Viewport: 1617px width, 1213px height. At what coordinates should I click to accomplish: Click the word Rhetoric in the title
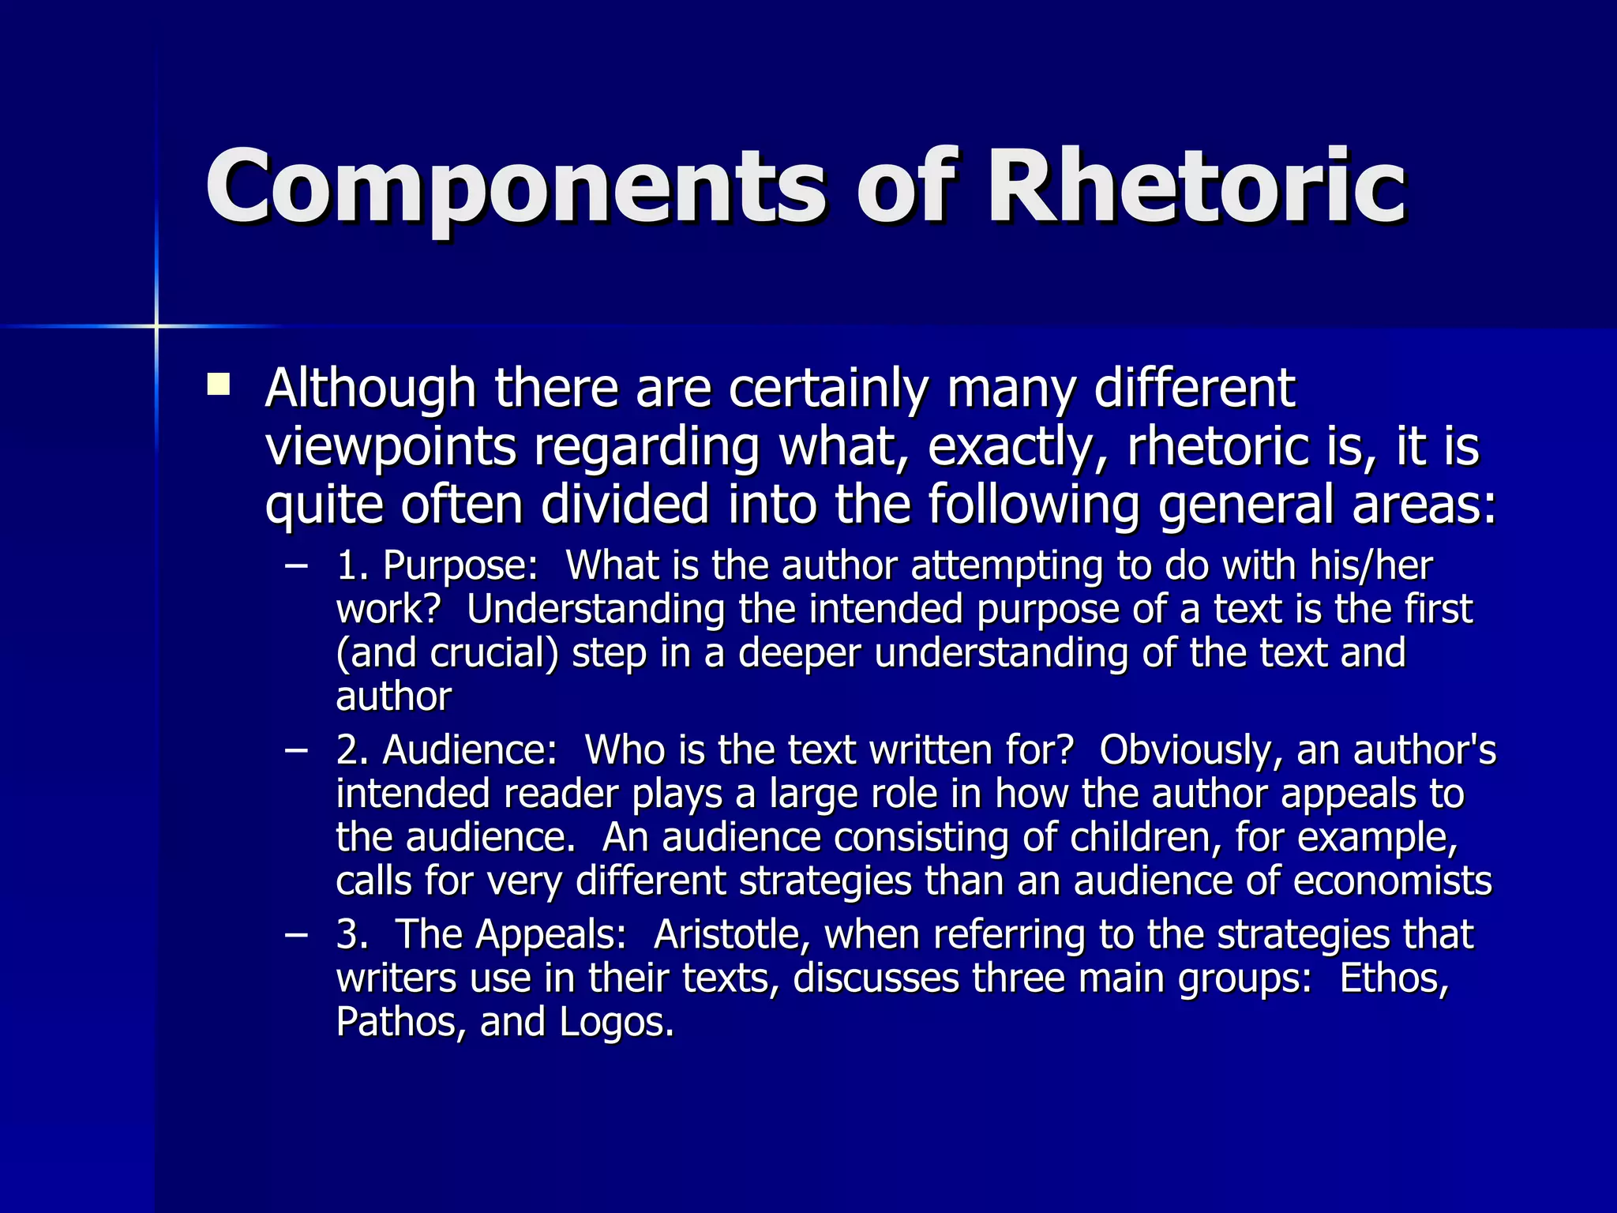(x=1195, y=188)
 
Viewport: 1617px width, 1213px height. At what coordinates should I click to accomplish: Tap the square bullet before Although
(x=218, y=385)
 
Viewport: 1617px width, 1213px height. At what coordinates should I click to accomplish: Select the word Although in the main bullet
(x=370, y=389)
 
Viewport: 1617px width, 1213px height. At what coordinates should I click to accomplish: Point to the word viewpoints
(x=390, y=447)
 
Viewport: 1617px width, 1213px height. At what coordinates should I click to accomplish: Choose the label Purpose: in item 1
(x=460, y=565)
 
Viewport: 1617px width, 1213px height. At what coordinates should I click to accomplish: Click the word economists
(x=1392, y=881)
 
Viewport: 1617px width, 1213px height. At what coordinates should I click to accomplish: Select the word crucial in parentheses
(x=494, y=653)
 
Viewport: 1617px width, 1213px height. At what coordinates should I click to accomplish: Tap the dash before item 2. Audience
(x=296, y=749)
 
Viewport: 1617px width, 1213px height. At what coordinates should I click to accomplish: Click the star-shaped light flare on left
(x=156, y=325)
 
